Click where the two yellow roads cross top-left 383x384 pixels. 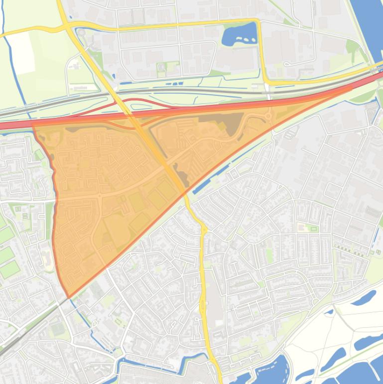67,24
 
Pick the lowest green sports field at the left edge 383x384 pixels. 9,270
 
